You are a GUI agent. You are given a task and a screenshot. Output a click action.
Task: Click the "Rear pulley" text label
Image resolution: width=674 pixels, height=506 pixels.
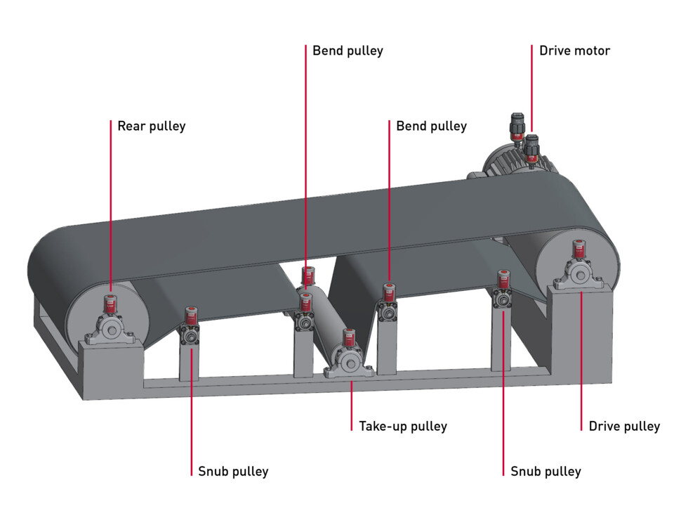tap(151, 126)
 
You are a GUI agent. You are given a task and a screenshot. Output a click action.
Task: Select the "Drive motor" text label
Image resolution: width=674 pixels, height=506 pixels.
tap(574, 51)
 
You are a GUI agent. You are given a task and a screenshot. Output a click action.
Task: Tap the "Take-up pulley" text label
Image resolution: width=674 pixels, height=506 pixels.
tap(402, 426)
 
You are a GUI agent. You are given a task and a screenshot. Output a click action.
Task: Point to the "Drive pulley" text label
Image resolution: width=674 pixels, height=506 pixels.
tap(624, 426)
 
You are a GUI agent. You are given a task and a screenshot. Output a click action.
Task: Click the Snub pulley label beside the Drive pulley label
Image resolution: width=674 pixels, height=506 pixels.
tap(546, 471)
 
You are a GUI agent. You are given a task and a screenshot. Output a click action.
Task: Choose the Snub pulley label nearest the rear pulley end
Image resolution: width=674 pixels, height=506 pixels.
tap(232, 471)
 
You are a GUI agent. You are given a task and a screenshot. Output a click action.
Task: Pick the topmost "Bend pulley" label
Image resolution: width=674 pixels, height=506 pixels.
tap(348, 51)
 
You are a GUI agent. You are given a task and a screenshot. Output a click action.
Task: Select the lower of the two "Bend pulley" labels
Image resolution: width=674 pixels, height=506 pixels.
tap(431, 126)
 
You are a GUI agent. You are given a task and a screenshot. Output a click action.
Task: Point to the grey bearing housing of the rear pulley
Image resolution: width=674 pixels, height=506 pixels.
tap(110, 329)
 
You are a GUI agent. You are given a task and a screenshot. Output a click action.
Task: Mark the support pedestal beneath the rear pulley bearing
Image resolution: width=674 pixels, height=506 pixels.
tap(112, 369)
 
